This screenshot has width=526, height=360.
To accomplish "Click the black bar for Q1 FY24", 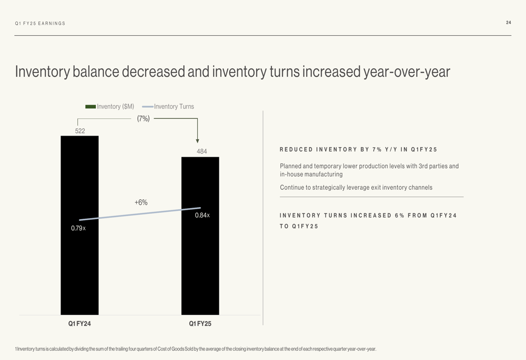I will point(79,263).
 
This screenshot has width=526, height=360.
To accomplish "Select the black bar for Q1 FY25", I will point(200,263).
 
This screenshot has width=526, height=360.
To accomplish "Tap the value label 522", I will point(80,131).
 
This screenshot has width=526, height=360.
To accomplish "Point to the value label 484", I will point(202,151).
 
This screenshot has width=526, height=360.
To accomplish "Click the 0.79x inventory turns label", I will point(78,228).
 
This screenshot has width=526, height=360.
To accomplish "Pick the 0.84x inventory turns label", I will point(203,215).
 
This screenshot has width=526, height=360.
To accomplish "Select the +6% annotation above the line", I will point(141,202).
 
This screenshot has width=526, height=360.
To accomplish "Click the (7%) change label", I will point(143,119).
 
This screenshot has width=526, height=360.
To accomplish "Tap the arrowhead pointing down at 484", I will point(198,140).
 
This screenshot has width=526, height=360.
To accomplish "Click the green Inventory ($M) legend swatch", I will point(90,107).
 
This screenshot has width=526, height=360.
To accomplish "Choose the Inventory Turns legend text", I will point(174,107).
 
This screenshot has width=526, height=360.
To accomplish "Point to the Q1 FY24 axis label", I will point(79,324).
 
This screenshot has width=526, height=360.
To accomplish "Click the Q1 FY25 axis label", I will point(200,324).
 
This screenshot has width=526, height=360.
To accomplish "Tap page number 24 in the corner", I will point(508,23).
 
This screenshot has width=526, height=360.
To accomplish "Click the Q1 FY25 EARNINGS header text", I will point(41,24).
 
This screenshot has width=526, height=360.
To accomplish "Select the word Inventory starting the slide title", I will point(42,71).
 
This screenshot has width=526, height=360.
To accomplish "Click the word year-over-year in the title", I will point(407,71).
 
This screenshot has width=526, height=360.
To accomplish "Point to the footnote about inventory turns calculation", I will point(196,349).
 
